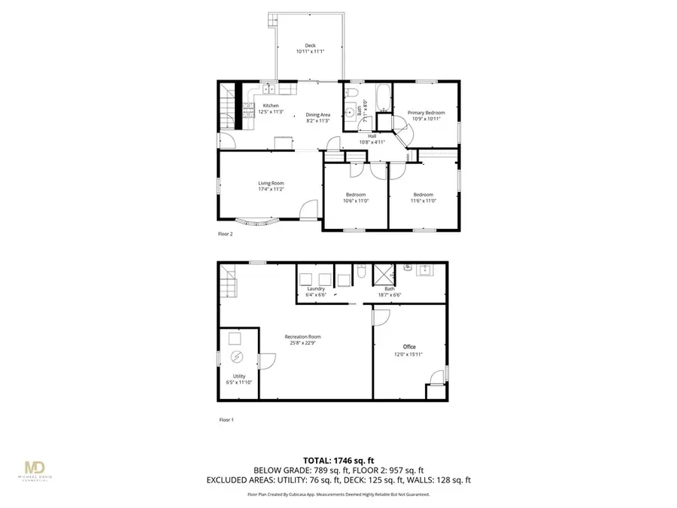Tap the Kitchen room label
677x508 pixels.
(x=271, y=105)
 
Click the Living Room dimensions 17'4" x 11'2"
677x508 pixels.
(x=272, y=189)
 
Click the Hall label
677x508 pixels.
(x=372, y=136)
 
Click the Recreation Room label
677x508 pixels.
(x=303, y=336)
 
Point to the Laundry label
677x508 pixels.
(x=316, y=289)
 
